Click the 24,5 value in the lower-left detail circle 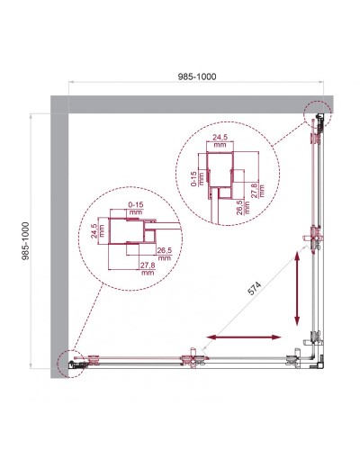pyautogui.click(x=94, y=237)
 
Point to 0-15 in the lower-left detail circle pyautogui.click(x=136, y=209)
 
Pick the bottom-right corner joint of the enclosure pyautogui.click(x=312, y=358)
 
